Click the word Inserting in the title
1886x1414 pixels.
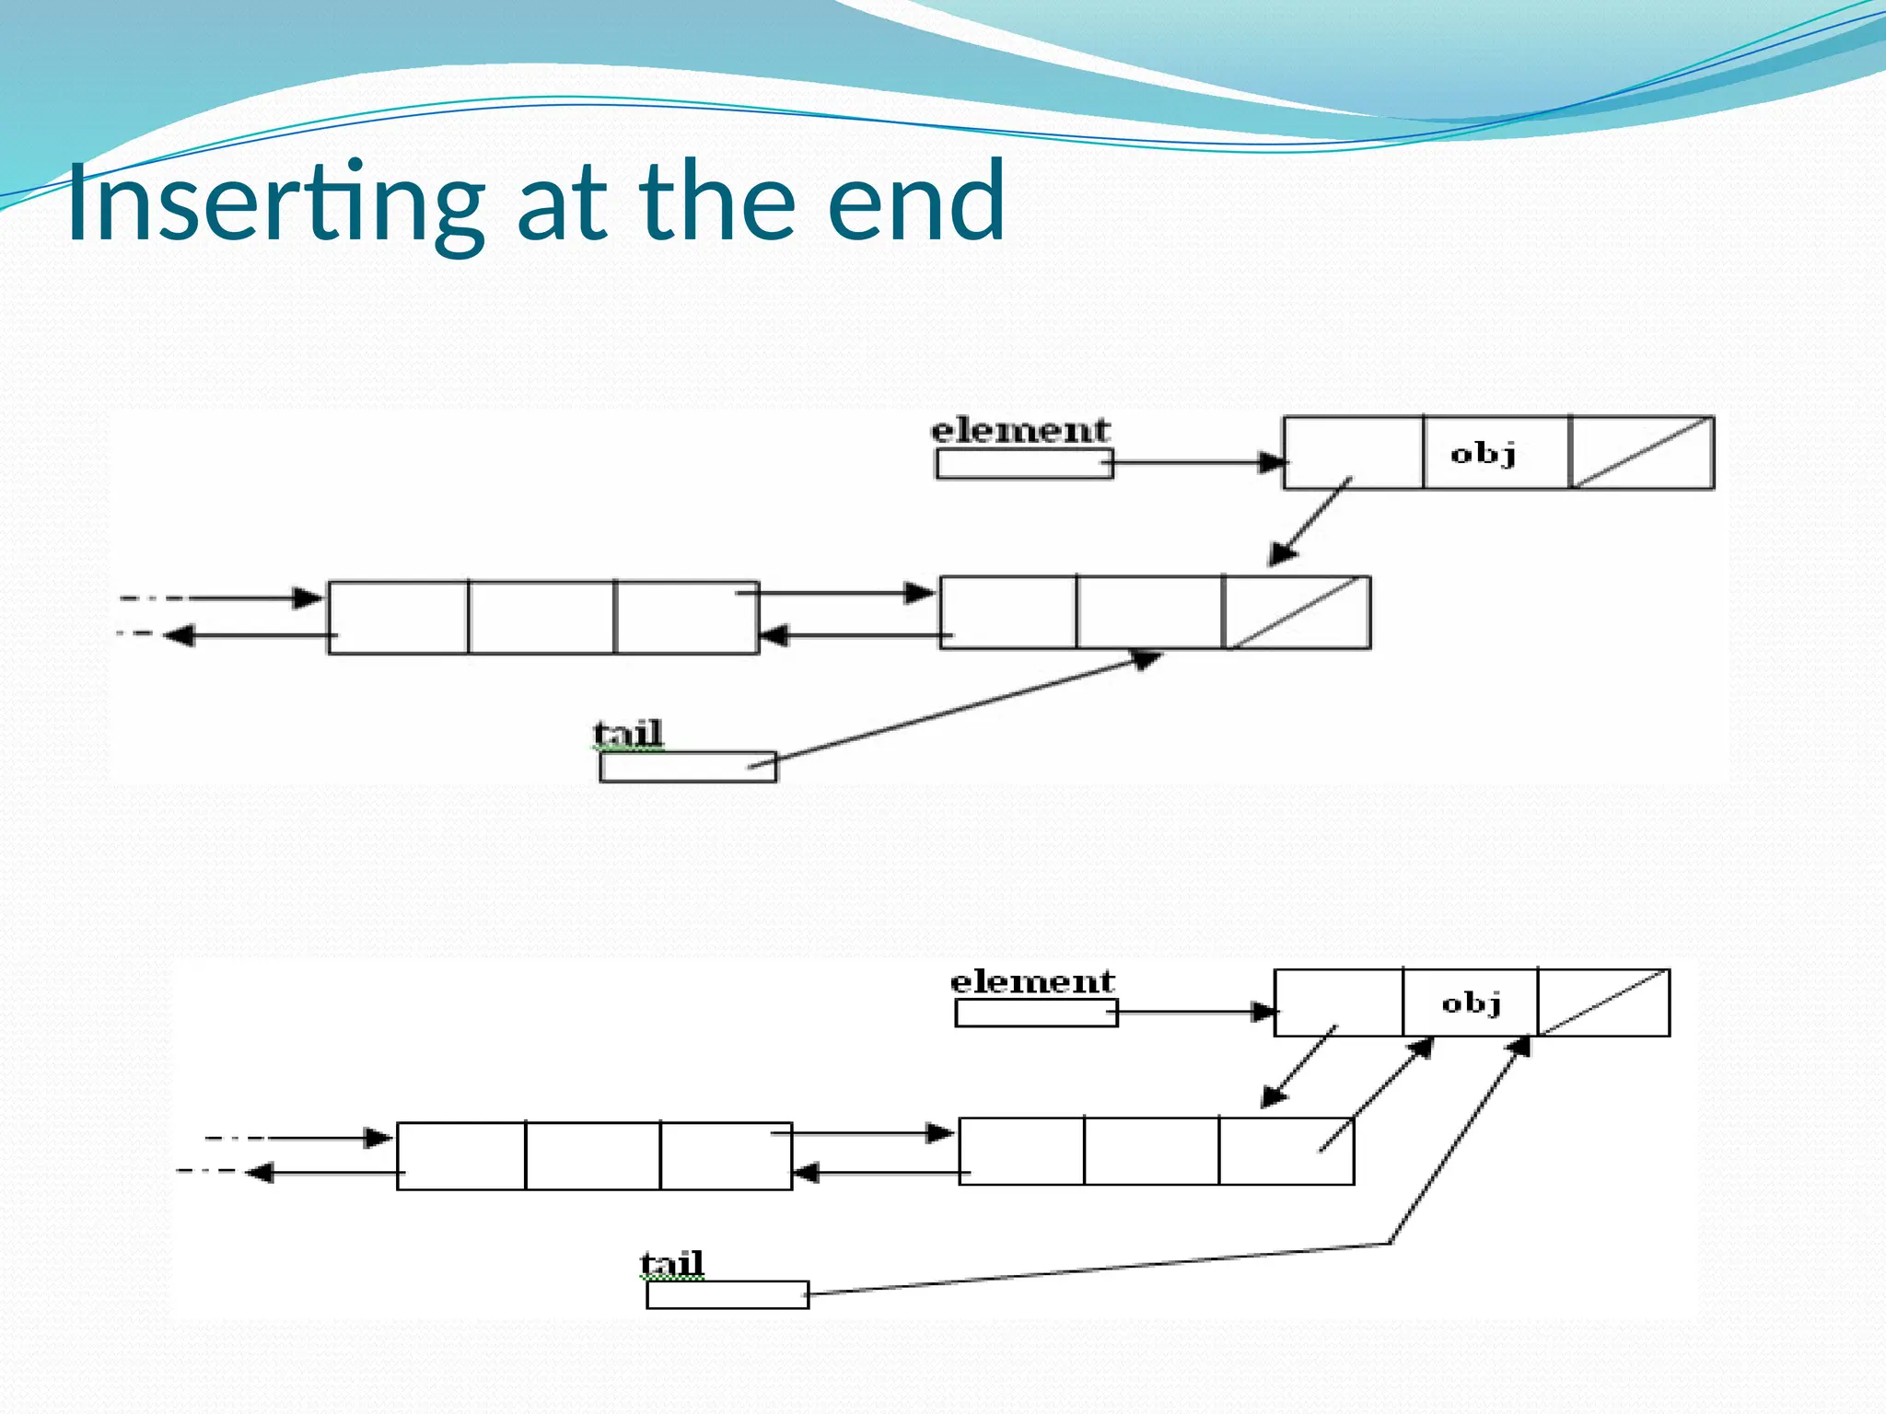[x=274, y=203]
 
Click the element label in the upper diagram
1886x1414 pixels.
[x=1020, y=431]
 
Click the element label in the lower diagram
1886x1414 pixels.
[x=1032, y=981]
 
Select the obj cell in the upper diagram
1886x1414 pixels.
[x=1495, y=453]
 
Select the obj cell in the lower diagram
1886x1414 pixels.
[x=1470, y=1003]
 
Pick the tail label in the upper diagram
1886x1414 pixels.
[x=628, y=734]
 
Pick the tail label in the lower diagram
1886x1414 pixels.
[x=672, y=1263]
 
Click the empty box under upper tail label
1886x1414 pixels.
[x=687, y=767]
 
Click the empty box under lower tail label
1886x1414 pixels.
[x=727, y=1294]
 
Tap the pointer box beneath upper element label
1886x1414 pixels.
[x=1023, y=464]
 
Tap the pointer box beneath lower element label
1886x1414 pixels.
[x=1035, y=1014]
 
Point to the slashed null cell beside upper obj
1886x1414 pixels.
[x=1641, y=453]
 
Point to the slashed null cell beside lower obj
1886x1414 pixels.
[x=1603, y=1003]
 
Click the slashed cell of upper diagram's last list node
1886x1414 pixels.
[x=1297, y=613]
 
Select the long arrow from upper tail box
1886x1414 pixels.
[x=958, y=710]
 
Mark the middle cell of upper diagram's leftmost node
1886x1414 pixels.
[x=541, y=618]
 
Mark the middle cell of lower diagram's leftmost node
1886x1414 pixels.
[x=593, y=1156]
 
